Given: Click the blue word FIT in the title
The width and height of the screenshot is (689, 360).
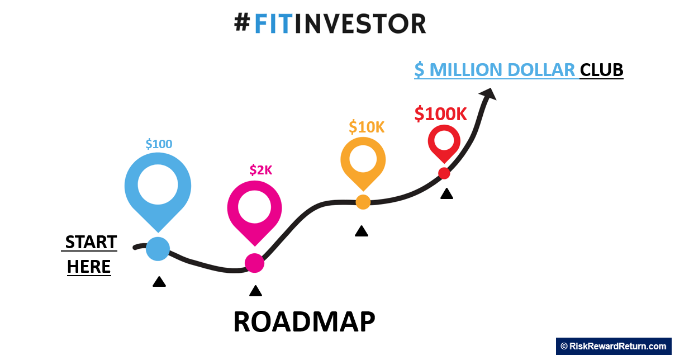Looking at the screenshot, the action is click(x=273, y=24).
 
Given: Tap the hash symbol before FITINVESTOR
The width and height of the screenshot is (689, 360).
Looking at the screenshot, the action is click(x=242, y=23).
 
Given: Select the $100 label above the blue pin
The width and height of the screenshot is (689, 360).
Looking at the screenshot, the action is click(x=159, y=144).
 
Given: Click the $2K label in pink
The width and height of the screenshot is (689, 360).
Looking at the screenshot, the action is click(x=261, y=170).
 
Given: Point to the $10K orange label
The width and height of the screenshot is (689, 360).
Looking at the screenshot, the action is click(x=367, y=127).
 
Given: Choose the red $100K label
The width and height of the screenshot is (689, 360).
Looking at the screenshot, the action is click(x=440, y=114).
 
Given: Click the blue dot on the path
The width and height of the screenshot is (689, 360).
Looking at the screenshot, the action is click(x=158, y=249).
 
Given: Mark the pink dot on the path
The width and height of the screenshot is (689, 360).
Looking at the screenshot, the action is click(x=255, y=263).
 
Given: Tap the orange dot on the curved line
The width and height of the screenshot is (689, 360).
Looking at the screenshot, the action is click(x=363, y=202).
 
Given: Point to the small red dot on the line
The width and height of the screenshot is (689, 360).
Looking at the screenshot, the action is click(x=444, y=173).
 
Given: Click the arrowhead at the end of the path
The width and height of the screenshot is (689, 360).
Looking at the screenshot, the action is click(x=488, y=94).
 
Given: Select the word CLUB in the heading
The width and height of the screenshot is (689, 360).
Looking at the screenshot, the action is click(x=602, y=70).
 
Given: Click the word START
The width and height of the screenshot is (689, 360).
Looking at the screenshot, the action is click(x=91, y=242).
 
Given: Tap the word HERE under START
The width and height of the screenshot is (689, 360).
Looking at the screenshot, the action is click(x=89, y=267).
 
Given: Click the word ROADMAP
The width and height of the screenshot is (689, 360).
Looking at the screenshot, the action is click(x=305, y=322).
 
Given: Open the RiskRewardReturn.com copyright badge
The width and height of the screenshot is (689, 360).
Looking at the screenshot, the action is click(x=614, y=347).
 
